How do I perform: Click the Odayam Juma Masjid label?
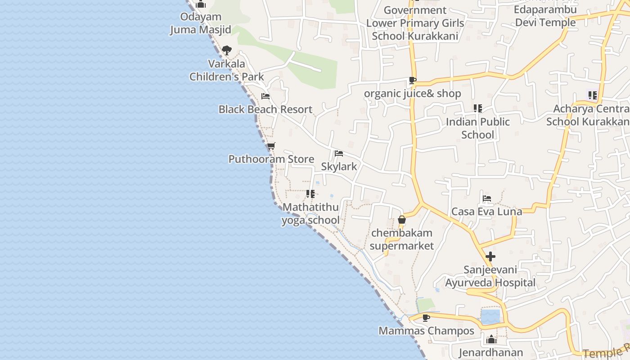point(201,23)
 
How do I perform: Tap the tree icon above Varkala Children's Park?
point(227,50)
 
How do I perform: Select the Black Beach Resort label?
point(265,109)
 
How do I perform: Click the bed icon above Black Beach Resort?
point(265,96)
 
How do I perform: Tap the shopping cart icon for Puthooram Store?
point(271,146)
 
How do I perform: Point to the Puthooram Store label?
point(271,159)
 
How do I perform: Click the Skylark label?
point(339,166)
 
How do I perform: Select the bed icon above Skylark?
point(339,153)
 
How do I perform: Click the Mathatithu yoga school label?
point(310,214)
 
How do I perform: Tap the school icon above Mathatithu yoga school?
point(310,194)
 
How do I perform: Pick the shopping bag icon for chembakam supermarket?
point(402,220)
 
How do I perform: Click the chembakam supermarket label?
point(402,239)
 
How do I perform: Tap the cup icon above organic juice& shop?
point(412,81)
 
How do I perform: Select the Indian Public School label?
point(478,128)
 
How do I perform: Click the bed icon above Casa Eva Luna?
point(486,198)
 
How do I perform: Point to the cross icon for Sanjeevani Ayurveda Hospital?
point(490,256)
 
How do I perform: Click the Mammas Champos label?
point(426,331)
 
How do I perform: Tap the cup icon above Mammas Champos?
point(426,318)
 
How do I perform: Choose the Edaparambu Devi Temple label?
point(545,16)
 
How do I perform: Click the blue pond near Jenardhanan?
point(490,316)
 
